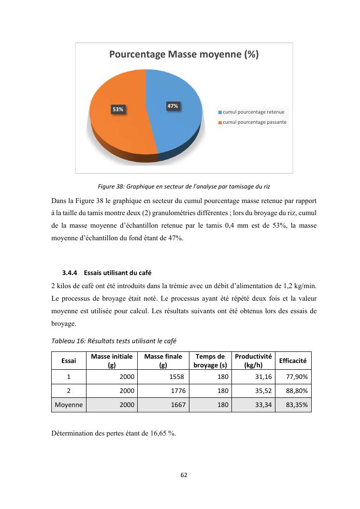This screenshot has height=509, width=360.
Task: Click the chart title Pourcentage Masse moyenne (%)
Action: pos(184,55)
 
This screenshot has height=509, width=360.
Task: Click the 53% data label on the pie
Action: pos(118,110)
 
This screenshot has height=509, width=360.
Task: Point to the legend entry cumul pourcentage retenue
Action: pos(253,112)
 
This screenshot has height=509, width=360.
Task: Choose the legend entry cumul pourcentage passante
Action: pos(254,122)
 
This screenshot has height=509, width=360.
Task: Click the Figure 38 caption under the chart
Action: pos(184,187)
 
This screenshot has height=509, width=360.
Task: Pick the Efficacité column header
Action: pos(293,361)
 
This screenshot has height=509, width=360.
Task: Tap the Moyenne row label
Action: pos(69,405)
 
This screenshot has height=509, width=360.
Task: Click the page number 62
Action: pos(184,475)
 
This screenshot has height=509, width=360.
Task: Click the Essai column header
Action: pos(69,361)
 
